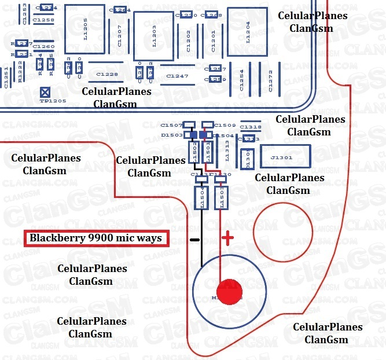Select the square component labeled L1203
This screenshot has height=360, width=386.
[x=154, y=36]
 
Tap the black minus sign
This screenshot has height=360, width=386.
[x=194, y=239]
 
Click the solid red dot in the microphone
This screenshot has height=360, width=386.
[x=230, y=292]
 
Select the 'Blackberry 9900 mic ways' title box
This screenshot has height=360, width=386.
[x=97, y=238]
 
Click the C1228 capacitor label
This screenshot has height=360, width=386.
[x=107, y=74]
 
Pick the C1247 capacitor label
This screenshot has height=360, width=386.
[x=177, y=76]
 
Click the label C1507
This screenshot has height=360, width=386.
[x=171, y=125]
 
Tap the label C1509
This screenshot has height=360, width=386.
[x=225, y=125]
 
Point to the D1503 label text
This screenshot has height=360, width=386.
[x=172, y=135]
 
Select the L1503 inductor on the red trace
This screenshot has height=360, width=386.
[x=220, y=197]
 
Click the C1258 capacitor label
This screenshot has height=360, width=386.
[x=44, y=20]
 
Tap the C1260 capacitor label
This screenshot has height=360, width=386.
[x=44, y=46]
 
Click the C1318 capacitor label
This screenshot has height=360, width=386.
[x=251, y=127]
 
